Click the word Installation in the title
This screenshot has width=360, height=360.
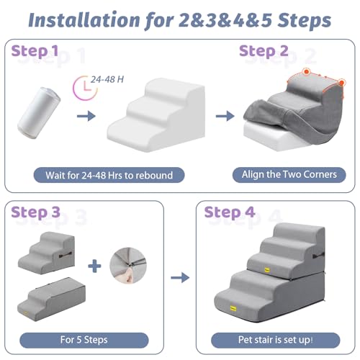84,19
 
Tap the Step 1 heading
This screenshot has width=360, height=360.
35,51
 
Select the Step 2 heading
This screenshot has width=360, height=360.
264,51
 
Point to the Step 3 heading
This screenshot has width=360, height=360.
35,212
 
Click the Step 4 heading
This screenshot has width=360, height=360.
230,212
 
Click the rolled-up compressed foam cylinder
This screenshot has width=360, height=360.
39,113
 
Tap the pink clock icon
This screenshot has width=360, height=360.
85,88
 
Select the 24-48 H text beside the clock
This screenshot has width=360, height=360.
107,79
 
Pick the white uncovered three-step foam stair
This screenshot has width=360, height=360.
156,114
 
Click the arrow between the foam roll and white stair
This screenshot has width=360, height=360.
86,116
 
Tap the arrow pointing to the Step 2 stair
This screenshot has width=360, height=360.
225,116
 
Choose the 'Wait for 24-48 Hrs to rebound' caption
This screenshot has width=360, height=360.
109,175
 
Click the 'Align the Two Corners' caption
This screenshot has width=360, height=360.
289,175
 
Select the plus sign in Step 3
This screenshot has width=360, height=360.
94,266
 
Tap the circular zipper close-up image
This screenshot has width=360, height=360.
128,266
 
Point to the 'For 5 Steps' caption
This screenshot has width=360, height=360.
84,340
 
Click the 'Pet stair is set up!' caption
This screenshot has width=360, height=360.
276,340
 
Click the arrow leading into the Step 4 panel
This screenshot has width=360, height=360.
180,278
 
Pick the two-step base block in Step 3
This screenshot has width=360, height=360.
51,300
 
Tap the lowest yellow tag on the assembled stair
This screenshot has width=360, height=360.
233,308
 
